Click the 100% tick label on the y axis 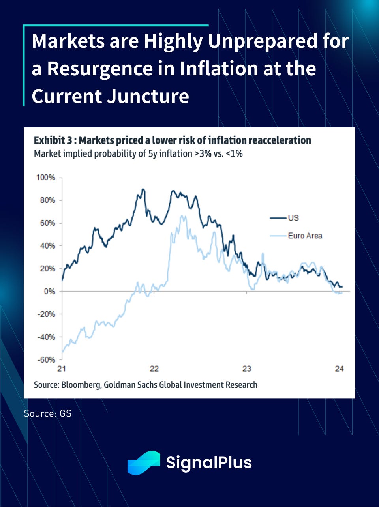[46, 178]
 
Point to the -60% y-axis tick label [46, 360]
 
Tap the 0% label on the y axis [49, 292]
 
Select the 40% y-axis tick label [47, 246]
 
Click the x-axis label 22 [154, 369]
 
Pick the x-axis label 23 [247, 369]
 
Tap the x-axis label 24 [340, 369]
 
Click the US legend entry [293, 218]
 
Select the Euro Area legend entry [305, 236]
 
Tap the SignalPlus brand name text [209, 462]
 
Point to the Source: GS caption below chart [47, 413]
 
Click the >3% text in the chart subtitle [203, 153]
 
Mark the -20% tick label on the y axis [46, 314]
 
